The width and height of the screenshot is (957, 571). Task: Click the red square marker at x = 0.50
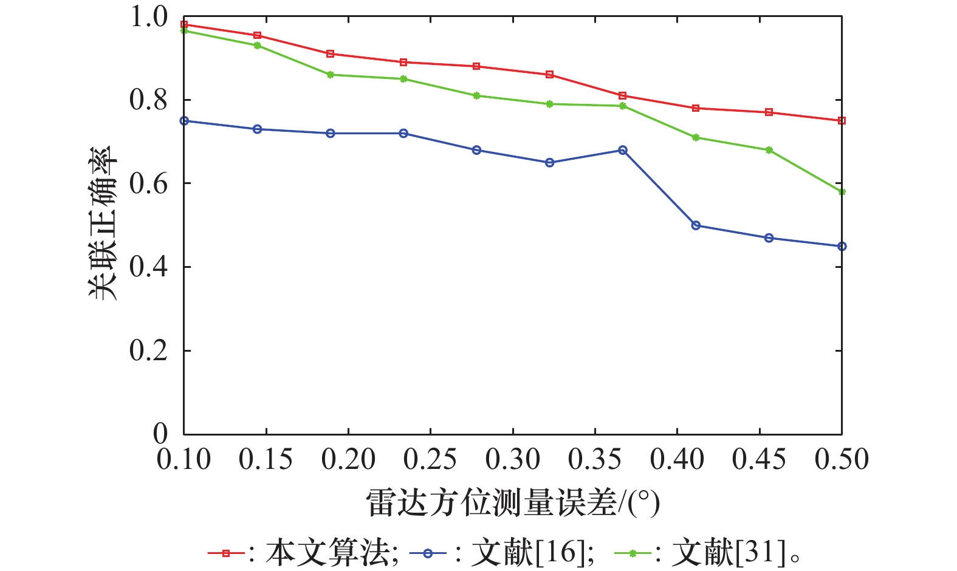(842, 121)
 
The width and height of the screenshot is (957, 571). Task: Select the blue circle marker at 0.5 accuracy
(696, 225)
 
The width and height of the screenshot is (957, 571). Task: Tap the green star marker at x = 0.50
(842, 192)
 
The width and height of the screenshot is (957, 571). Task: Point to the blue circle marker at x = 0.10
(184, 121)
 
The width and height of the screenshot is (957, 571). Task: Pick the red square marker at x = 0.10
(184, 25)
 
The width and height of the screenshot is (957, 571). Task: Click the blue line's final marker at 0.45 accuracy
(842, 247)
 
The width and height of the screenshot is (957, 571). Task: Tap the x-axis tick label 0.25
(430, 460)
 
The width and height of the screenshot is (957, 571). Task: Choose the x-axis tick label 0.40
(677, 460)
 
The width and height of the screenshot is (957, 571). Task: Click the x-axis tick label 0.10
(184, 460)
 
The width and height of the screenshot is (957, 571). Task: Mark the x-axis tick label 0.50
(842, 460)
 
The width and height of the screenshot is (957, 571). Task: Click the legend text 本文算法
(327, 553)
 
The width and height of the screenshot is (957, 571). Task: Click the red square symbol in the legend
(225, 553)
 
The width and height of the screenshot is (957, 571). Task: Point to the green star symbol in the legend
(633, 553)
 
